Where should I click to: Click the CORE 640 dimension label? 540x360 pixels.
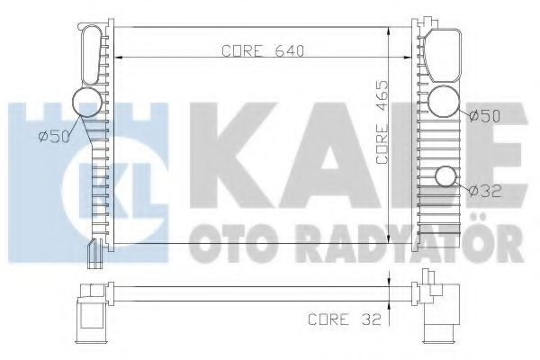point(263,51)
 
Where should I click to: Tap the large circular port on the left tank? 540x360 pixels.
point(87,103)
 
